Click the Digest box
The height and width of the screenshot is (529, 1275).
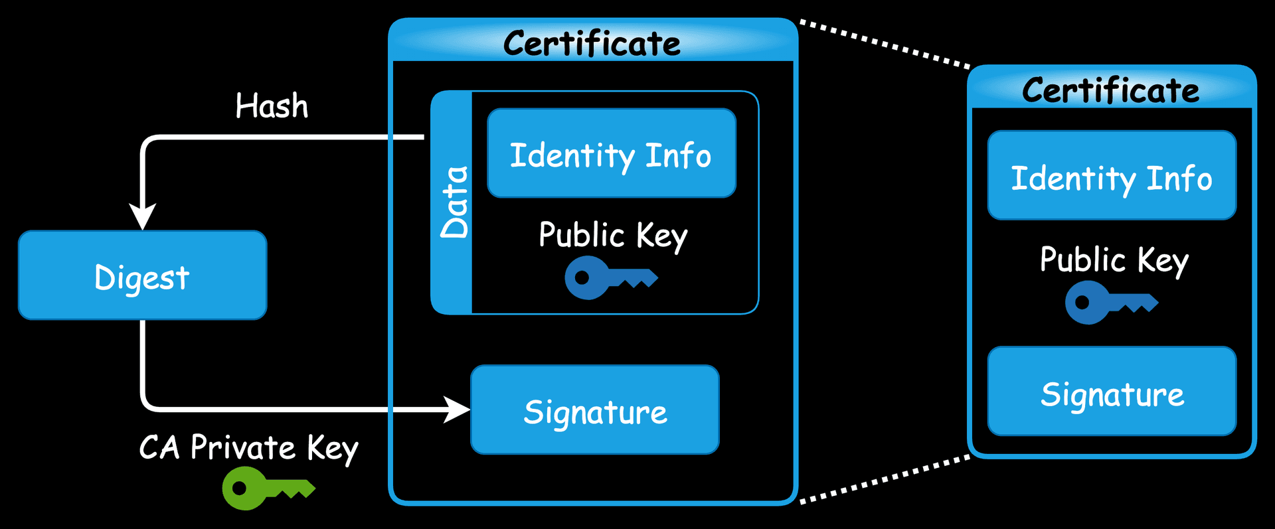tap(142, 275)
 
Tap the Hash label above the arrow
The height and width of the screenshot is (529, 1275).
tap(272, 106)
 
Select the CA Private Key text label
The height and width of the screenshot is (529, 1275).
tap(248, 448)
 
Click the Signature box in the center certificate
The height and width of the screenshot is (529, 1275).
tap(595, 410)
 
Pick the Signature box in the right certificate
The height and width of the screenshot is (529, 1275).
tap(1112, 392)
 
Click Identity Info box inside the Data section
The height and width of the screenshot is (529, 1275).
tap(611, 154)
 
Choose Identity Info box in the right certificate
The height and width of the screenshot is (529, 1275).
tap(1112, 177)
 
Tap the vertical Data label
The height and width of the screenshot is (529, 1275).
tap(454, 202)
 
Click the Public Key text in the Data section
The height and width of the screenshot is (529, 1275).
tap(612, 236)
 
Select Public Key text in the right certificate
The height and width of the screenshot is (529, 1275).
tap(1114, 260)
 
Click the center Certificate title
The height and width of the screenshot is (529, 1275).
tap(592, 44)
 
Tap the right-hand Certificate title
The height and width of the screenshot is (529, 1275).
tap(1110, 90)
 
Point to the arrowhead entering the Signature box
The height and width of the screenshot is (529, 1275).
tap(456, 410)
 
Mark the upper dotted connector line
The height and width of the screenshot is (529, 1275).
tap(885, 44)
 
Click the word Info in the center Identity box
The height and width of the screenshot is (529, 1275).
tap(678, 155)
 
